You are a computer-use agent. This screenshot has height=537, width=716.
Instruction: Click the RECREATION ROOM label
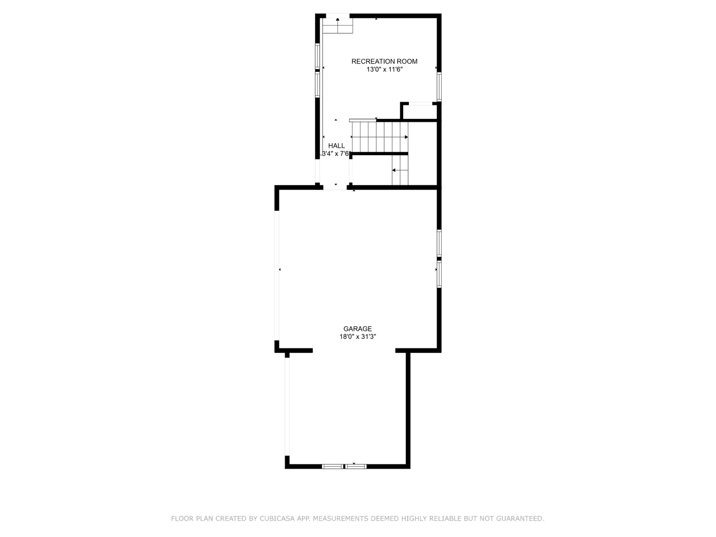[x=384, y=62]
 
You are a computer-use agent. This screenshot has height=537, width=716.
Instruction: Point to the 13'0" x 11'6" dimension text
[x=384, y=70]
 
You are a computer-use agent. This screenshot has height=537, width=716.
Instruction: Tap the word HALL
[x=337, y=146]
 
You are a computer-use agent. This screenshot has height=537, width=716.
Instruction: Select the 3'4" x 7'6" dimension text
[x=337, y=154]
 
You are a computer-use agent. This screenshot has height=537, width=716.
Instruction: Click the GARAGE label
[x=358, y=329]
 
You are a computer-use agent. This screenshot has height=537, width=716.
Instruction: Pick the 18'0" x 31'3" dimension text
[x=358, y=337]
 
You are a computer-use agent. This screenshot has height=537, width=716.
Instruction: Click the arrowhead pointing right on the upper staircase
[x=406, y=137]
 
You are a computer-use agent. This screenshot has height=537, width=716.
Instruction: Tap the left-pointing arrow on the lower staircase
[x=394, y=170]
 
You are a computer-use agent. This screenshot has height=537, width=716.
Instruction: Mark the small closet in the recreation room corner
[x=420, y=111]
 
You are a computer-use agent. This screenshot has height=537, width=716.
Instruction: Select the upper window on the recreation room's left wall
[x=317, y=56]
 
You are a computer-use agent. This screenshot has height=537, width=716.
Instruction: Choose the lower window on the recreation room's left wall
[x=317, y=85]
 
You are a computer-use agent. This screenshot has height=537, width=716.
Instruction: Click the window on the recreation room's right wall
[x=439, y=87]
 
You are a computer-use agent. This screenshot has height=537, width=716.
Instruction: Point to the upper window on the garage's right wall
[x=439, y=243]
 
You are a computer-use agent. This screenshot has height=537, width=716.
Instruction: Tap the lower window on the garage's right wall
[x=439, y=274]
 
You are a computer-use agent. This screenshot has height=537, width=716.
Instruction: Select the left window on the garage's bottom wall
[x=332, y=466]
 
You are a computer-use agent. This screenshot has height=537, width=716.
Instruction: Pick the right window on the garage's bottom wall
[x=356, y=466]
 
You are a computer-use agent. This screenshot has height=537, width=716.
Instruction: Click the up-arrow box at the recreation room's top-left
[x=338, y=25]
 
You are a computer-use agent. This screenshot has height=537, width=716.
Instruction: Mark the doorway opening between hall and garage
[x=335, y=187]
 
